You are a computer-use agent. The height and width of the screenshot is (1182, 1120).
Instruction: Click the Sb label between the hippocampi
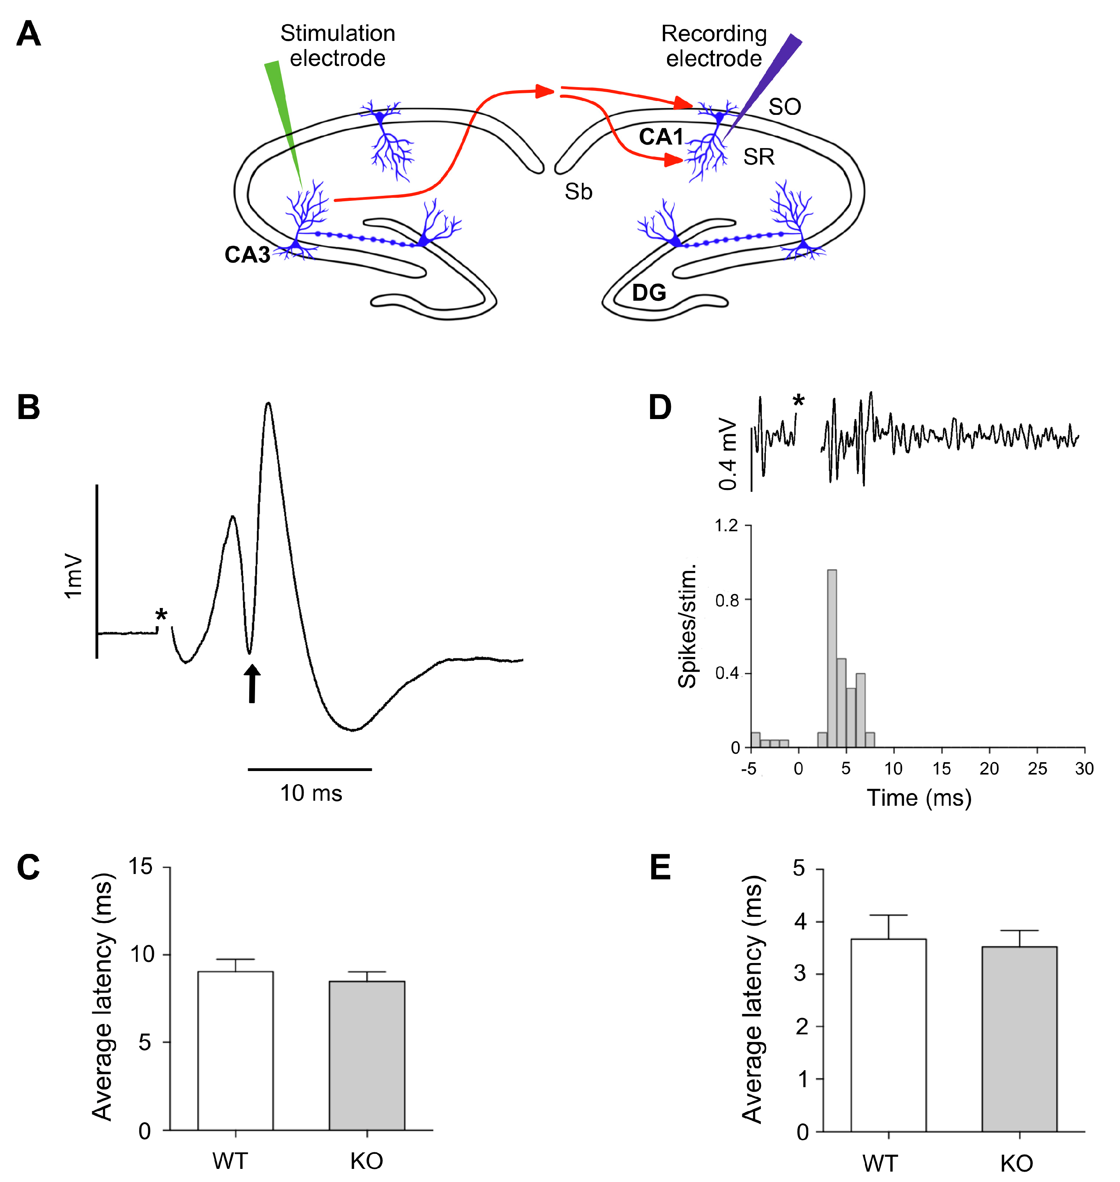(x=578, y=192)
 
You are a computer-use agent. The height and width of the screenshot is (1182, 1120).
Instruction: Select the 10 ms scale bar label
(x=311, y=793)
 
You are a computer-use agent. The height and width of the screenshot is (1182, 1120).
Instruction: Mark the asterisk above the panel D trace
(x=798, y=401)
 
